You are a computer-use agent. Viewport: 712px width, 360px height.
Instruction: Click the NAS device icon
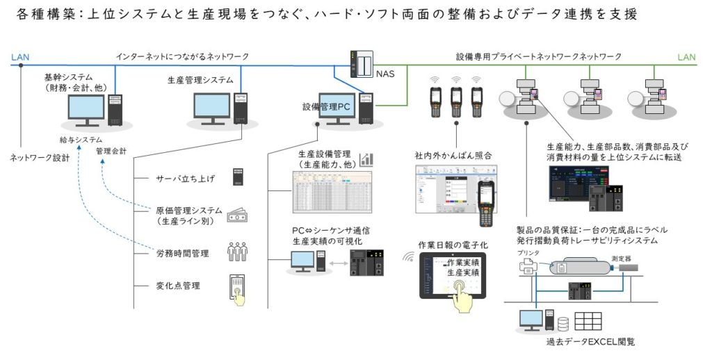361,65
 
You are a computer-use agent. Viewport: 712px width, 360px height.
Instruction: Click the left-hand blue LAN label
21,57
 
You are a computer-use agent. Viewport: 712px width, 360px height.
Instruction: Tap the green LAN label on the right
688,57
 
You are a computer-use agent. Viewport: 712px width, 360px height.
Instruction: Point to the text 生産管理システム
200,80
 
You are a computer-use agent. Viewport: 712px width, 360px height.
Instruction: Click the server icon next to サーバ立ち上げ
238,177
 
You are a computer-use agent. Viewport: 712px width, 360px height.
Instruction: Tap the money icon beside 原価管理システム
238,215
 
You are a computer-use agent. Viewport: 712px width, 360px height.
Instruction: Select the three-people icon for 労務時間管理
238,252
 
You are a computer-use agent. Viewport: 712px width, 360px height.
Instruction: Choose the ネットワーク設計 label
40,157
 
